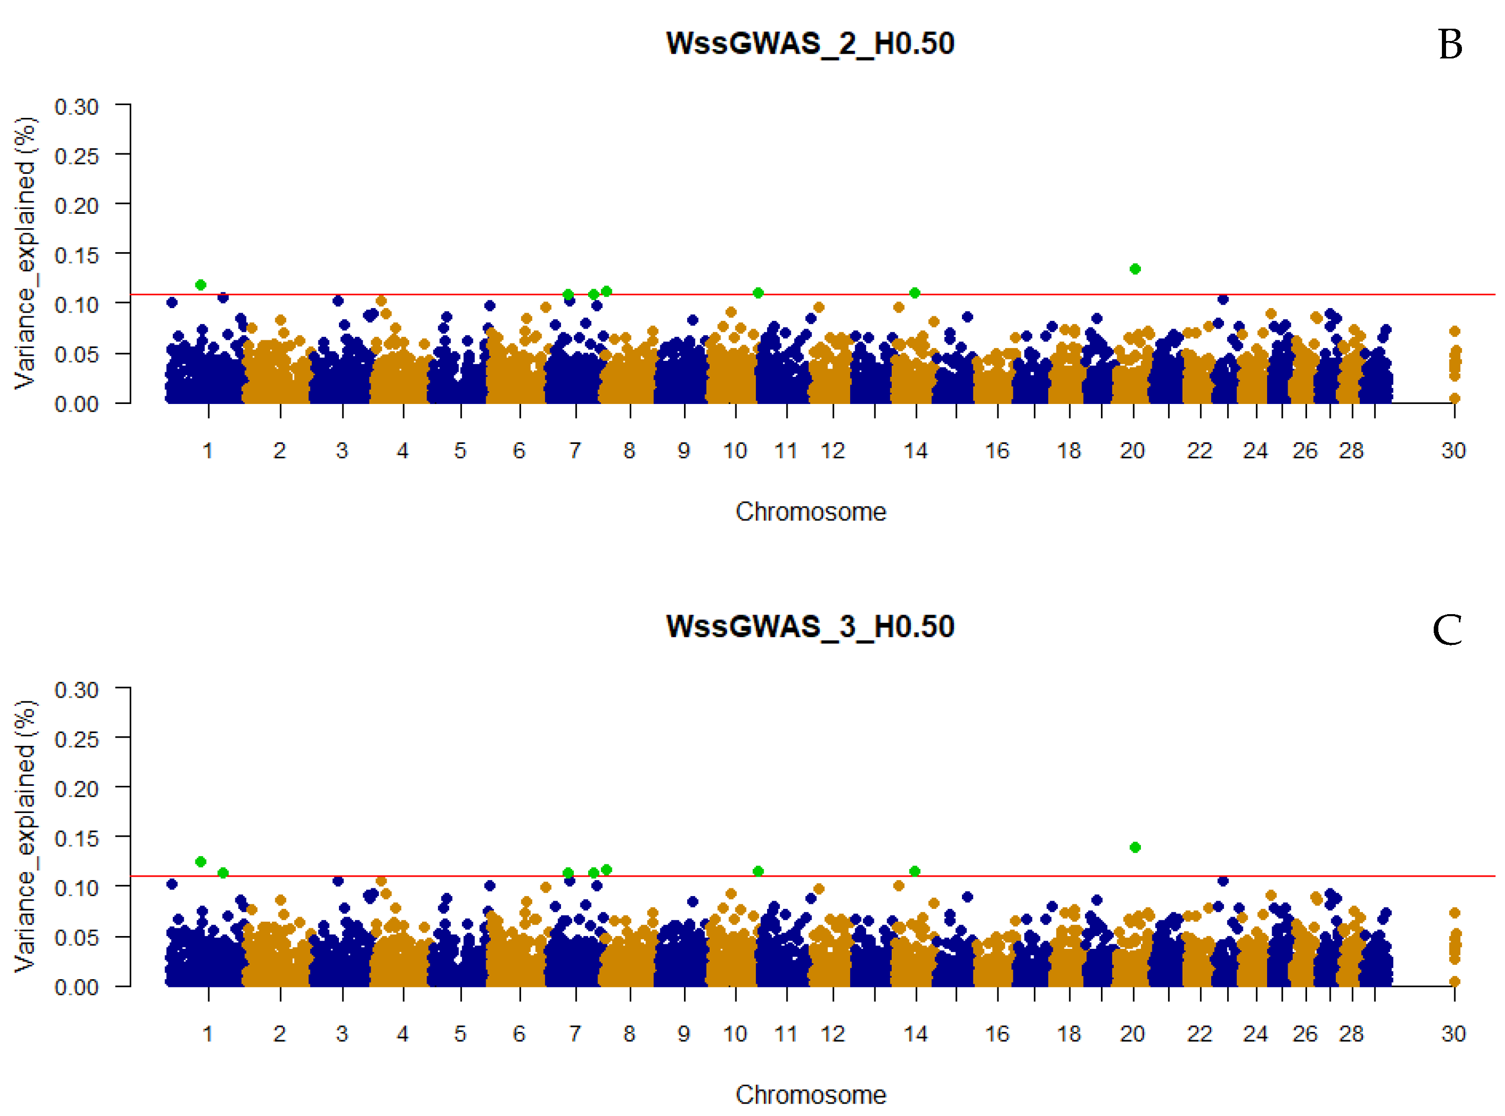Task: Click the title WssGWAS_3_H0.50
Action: point(810,627)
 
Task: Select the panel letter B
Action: point(1450,45)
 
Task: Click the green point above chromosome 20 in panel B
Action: point(1135,269)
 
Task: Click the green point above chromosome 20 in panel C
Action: point(1135,847)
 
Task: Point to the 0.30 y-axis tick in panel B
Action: point(76,107)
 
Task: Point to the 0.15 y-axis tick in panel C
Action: point(76,838)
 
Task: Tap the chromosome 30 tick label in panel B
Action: point(1454,451)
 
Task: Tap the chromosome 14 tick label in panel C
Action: point(916,1033)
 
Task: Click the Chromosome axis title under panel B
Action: point(810,512)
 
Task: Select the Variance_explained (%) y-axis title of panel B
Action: point(26,253)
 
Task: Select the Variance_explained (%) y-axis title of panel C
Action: point(26,836)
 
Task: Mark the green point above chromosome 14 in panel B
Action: point(915,293)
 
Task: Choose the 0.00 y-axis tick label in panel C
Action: point(76,987)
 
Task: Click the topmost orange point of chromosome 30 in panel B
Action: point(1455,331)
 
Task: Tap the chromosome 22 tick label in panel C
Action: point(1199,1033)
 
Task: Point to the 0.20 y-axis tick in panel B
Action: point(76,206)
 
